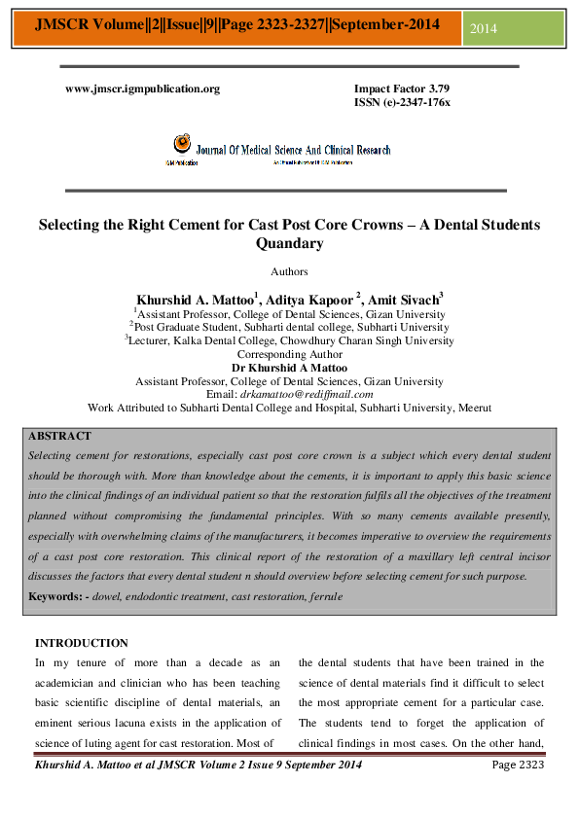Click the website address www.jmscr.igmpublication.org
point(142,89)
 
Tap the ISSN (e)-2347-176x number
point(402,101)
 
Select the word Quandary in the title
point(289,244)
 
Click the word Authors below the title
point(289,271)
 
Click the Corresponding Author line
point(289,355)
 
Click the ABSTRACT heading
point(59,436)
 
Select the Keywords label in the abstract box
point(56,595)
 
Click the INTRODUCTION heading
point(81,643)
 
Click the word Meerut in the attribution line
point(474,409)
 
